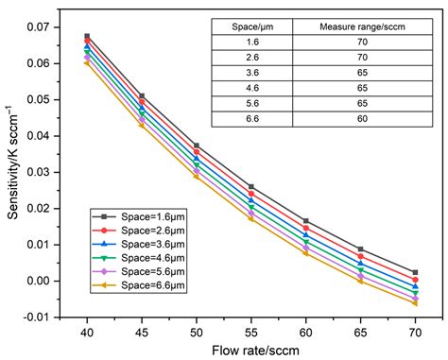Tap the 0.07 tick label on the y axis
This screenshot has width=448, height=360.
(59, 27)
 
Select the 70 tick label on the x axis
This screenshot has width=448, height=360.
(415, 333)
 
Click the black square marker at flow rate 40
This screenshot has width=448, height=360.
(87, 37)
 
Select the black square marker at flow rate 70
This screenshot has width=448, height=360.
(415, 272)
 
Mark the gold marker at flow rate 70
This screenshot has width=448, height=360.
(415, 303)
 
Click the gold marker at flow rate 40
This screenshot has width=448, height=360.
(87, 63)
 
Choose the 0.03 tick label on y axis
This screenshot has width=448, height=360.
(59, 172)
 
